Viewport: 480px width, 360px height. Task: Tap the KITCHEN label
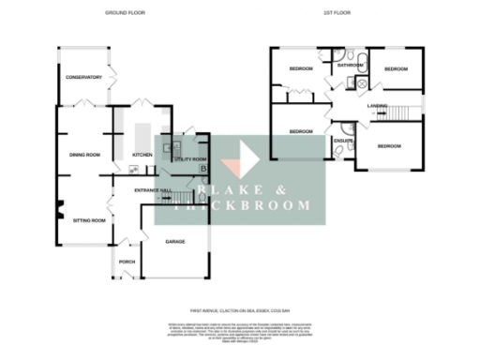(x=142, y=155)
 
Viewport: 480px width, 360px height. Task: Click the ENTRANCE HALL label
(x=153, y=191)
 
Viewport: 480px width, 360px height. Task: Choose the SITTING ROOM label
(x=89, y=219)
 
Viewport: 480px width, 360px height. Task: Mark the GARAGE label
(x=174, y=242)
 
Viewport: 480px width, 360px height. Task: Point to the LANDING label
(x=378, y=105)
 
